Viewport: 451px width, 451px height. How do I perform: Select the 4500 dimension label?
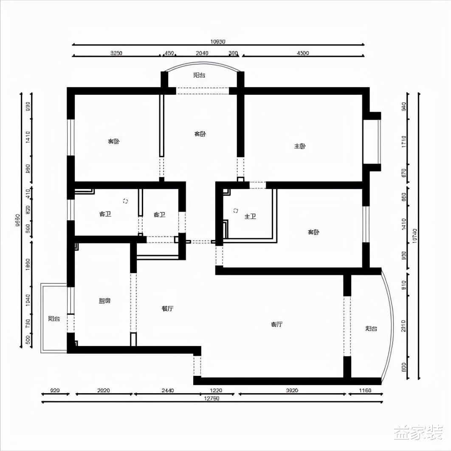coord(303,53)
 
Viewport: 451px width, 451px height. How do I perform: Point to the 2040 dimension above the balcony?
coord(202,53)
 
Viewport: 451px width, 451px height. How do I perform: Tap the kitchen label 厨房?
coord(104,301)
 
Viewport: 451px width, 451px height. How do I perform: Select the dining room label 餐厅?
coord(167,309)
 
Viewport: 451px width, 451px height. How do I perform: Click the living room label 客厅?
coord(276,324)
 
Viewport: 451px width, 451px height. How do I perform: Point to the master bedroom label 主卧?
coord(300,146)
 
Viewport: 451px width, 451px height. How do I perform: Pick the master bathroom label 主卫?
coord(250,217)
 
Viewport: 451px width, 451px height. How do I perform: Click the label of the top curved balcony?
coord(199,75)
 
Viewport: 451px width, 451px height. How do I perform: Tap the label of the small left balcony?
coord(54,319)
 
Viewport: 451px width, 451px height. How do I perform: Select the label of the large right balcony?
coord(371,329)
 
